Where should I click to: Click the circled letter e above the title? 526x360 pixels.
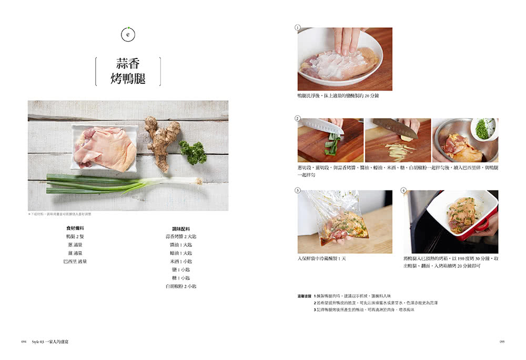[x=128, y=34]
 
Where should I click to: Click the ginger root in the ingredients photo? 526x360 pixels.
[x=161, y=140]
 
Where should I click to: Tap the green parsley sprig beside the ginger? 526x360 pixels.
[x=193, y=152]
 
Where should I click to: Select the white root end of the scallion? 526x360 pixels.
[x=192, y=181]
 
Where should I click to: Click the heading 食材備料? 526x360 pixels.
[x=75, y=228]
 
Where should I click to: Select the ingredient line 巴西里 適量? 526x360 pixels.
[x=75, y=261]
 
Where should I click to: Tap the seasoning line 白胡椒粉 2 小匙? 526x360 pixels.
[x=181, y=286]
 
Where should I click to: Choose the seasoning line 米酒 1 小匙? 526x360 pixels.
[x=181, y=261]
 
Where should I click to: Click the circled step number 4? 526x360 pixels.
[x=403, y=190]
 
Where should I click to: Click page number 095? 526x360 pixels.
[x=502, y=342]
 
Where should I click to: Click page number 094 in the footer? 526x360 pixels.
[x=24, y=342]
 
